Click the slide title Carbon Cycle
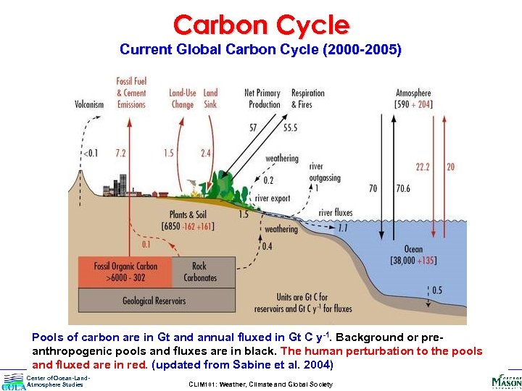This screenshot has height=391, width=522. click(x=261, y=25)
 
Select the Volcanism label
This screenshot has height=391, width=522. click(x=89, y=104)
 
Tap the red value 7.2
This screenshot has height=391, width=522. click(x=120, y=154)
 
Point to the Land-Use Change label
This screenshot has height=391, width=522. click(x=182, y=98)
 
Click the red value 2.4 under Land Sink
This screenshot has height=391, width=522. click(x=206, y=154)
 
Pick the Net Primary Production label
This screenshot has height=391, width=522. click(x=262, y=98)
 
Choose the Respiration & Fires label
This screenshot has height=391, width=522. click(x=307, y=98)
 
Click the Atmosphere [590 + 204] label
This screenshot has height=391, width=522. click(x=413, y=98)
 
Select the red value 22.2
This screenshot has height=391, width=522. click(x=423, y=167)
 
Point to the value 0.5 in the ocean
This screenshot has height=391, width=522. click(x=437, y=290)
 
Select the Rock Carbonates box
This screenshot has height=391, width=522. click(x=199, y=272)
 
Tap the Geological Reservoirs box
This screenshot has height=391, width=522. click(x=154, y=300)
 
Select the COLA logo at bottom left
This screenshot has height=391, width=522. click(x=13, y=382)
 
